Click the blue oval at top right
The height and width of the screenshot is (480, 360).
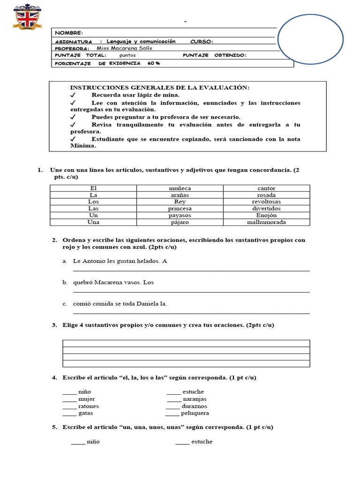310,38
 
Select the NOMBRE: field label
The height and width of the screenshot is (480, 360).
69,33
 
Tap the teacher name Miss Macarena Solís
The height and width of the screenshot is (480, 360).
124,48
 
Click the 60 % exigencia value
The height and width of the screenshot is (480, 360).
153,63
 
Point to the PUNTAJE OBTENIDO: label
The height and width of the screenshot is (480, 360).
214,55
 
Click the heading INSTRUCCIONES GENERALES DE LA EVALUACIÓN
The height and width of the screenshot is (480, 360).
160,88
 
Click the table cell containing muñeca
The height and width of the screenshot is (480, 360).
180,188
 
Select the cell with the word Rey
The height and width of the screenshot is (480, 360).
180,202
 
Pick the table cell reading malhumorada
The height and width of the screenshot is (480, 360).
266,222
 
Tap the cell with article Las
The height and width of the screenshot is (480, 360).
93,209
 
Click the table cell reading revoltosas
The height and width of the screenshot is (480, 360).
266,202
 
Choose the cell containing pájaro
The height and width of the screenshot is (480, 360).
180,222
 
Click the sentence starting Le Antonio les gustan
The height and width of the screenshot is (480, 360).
120,261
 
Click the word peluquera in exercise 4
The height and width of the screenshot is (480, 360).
195,413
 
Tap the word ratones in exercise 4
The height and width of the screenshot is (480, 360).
89,406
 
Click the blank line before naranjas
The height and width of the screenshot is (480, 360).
173,399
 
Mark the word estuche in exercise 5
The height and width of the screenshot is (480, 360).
202,442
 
